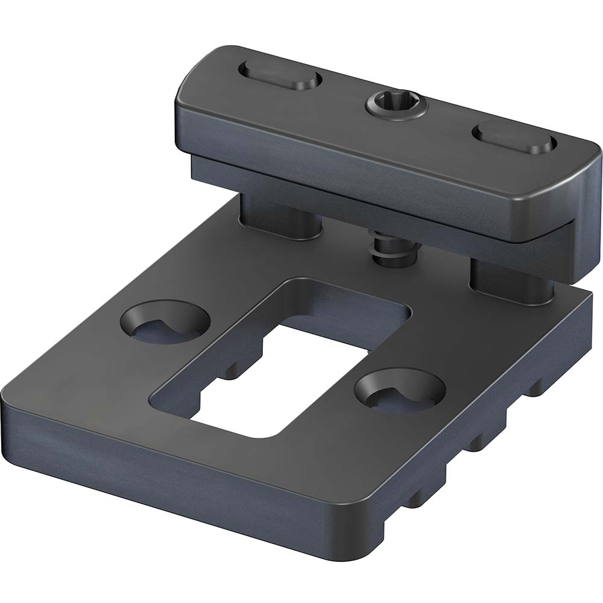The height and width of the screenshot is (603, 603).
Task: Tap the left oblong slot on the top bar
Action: click(x=280, y=77)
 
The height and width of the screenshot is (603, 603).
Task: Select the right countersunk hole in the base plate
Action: click(x=400, y=392)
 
